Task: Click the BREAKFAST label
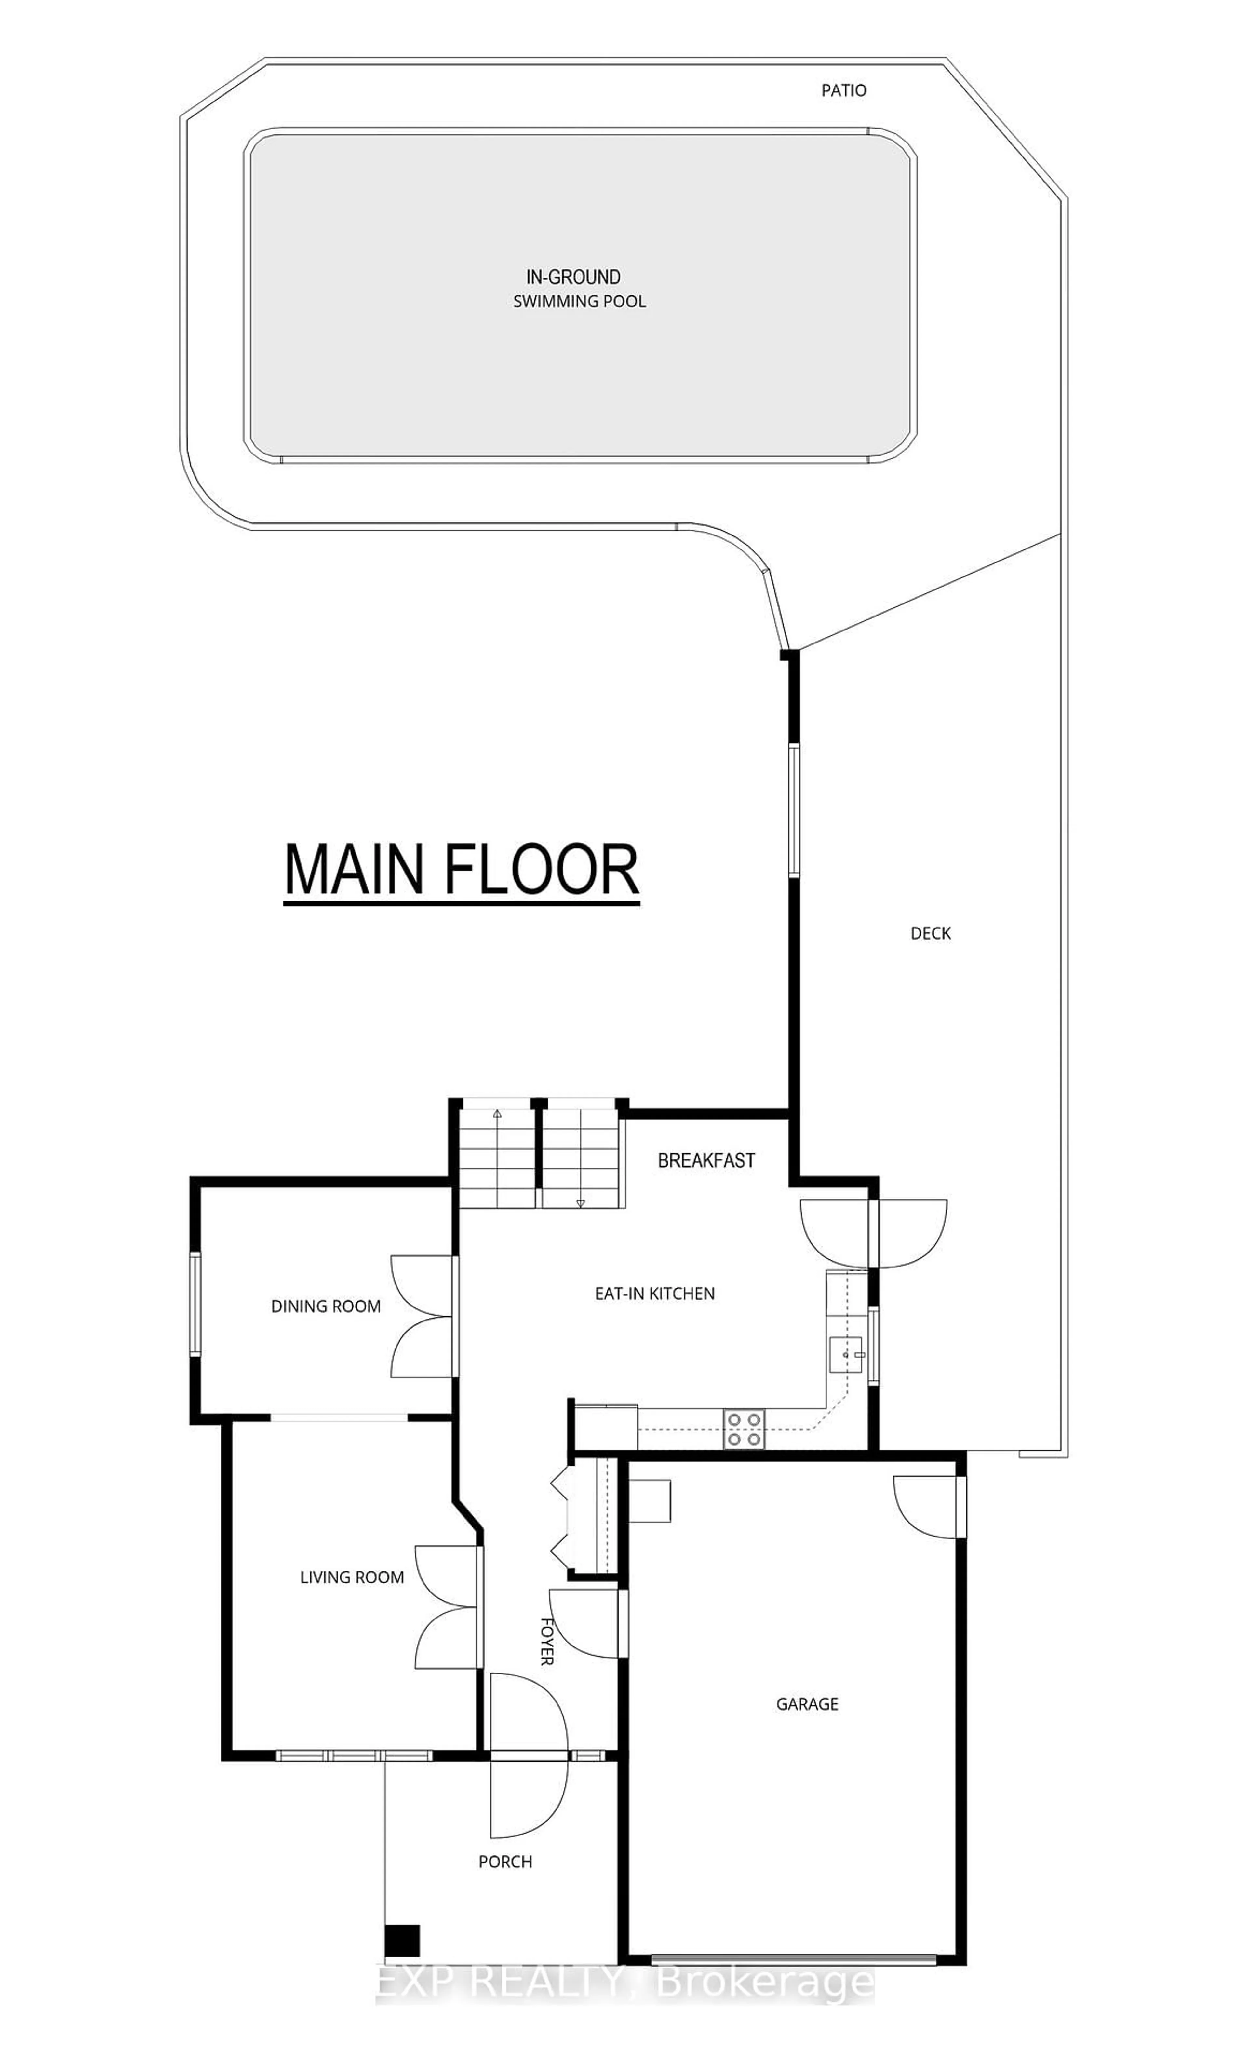click(706, 1161)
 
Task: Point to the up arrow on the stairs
click(497, 1114)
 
